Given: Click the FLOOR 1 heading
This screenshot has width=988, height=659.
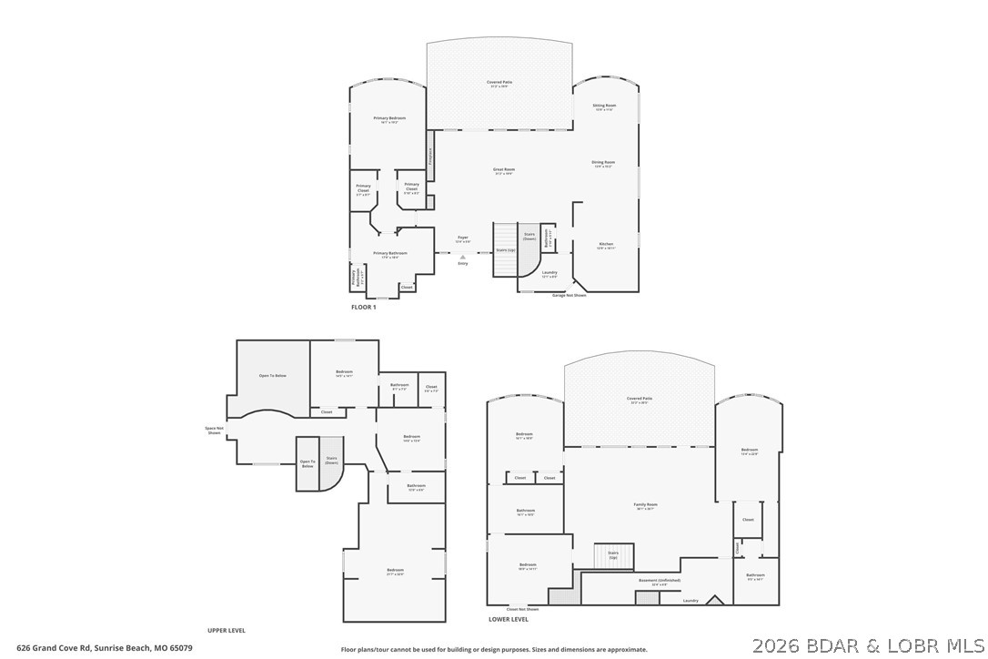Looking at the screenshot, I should [363, 308].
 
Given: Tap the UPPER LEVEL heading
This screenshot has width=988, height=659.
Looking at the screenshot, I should [227, 631].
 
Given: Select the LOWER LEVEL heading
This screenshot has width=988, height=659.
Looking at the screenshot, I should [508, 619].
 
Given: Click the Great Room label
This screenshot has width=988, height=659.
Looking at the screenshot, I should [504, 170].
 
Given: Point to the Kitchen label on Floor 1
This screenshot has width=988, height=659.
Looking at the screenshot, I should [605, 244].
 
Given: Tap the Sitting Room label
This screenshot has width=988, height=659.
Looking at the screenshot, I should [604, 106].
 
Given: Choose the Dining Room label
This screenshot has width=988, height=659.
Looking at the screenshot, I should [603, 163].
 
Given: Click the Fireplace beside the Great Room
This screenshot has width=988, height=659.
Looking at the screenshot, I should [431, 156].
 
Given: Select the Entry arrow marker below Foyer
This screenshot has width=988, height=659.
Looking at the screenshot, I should [463, 258].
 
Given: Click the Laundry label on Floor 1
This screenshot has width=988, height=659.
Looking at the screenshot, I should [549, 272].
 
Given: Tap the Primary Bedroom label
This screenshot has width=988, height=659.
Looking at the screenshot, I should [389, 118].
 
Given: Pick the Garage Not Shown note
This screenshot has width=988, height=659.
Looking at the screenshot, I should [569, 296].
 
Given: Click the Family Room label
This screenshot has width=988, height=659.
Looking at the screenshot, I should [645, 504].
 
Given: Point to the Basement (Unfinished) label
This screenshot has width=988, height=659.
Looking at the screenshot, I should [660, 580].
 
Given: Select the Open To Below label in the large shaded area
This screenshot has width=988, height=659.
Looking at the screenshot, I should [273, 376].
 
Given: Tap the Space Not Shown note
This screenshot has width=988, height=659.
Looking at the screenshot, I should [214, 431].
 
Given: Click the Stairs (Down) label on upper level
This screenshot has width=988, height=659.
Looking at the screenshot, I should [331, 461].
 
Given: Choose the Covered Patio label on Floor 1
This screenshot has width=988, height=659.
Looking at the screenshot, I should [499, 83].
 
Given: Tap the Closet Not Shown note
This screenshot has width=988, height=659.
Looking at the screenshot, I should [522, 609].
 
